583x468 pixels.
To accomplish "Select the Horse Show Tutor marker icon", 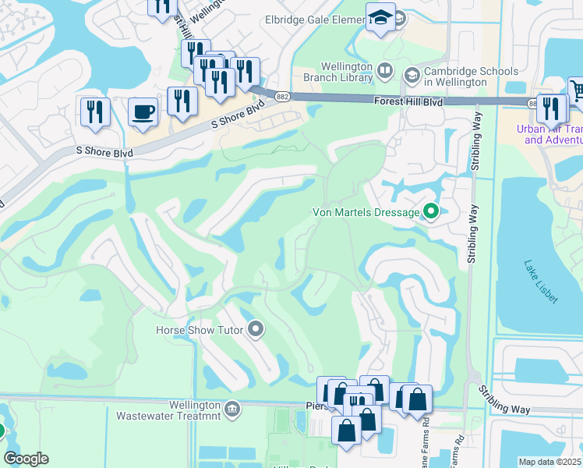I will (x=255, y=330).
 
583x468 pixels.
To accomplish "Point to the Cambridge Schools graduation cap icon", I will (x=412, y=76).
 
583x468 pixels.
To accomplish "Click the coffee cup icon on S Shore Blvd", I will (x=143, y=112).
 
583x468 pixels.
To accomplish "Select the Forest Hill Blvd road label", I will (x=408, y=102).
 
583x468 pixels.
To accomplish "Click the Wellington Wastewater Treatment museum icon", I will (x=231, y=409).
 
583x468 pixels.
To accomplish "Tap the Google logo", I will (x=26, y=459).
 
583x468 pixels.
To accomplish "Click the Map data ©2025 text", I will (x=549, y=462).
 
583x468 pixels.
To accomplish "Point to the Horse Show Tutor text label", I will (x=200, y=330).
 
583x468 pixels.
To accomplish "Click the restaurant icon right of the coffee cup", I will (x=182, y=101).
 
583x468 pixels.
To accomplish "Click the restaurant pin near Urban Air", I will (x=552, y=108).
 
